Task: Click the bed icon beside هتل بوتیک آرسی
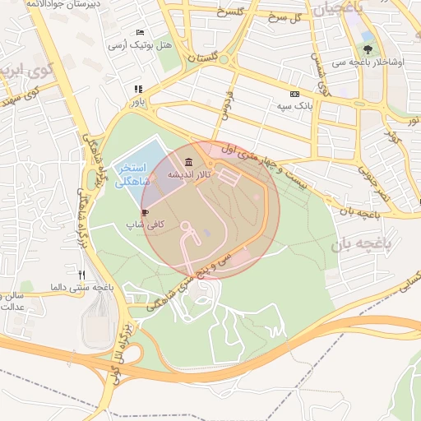click(139, 32)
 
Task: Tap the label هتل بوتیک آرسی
click(141, 44)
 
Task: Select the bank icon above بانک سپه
click(294, 95)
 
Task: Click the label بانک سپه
click(295, 106)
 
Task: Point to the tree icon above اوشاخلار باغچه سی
click(366, 36)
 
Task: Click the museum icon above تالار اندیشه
click(190, 161)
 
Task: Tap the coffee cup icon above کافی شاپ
click(146, 212)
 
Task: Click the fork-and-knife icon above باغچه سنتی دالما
click(81, 275)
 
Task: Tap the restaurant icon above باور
click(138, 90)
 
